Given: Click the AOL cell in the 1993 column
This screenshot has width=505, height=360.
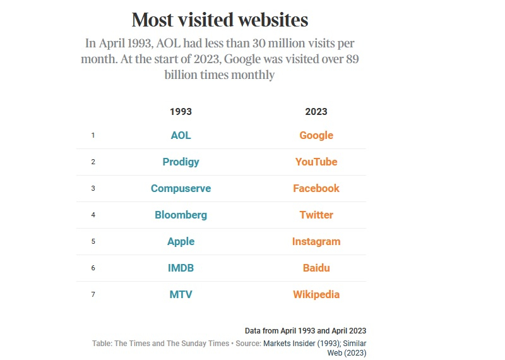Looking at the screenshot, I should click(181, 135).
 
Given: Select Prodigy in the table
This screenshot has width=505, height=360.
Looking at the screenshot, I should click(181, 162).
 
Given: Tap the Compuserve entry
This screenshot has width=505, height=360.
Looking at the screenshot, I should click(181, 188).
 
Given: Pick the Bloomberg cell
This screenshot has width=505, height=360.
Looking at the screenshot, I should click(181, 215).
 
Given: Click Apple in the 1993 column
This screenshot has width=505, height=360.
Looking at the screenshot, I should click(181, 241).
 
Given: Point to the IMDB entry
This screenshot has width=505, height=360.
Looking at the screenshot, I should click(181, 268).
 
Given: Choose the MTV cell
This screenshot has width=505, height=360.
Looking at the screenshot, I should click(181, 294).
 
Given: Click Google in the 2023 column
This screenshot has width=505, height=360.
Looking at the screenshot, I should click(316, 135).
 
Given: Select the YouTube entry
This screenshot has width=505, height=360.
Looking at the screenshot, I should click(316, 162).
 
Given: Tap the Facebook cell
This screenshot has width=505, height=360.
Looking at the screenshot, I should click(316, 188).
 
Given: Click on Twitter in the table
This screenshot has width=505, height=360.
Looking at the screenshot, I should click(316, 215).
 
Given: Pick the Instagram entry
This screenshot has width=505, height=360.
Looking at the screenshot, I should click(316, 241).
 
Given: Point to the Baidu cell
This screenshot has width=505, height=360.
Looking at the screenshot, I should click(316, 268).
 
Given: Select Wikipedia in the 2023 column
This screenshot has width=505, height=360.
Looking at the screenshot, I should click(316, 294).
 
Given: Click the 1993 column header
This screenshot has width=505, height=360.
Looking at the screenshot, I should click(181, 111).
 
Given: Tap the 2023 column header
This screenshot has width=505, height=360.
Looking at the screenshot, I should click(316, 111).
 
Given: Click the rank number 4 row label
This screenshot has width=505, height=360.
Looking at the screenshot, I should click(93, 215).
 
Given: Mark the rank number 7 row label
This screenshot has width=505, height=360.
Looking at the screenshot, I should click(93, 294).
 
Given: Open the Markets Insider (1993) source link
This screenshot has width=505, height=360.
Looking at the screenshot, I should click(300, 344).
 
